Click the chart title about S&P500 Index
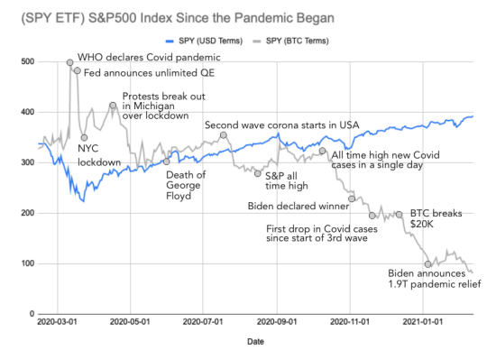tap(167, 19)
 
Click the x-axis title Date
tap(257, 343)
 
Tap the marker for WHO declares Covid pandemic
tap(70, 62)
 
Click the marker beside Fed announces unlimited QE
tap(77, 70)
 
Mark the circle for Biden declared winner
tap(353, 198)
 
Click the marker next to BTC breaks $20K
tap(399, 215)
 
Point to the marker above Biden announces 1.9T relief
tap(427, 263)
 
